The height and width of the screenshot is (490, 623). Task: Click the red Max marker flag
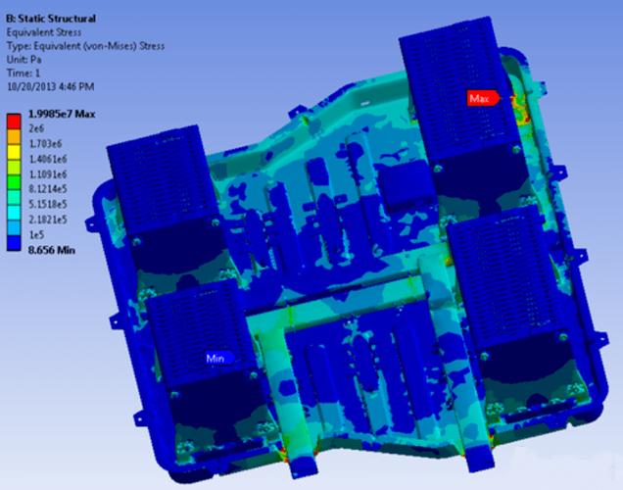pos(483,98)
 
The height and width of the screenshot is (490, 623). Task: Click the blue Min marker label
pos(218,359)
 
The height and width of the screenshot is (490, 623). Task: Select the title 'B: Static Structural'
pos(51,19)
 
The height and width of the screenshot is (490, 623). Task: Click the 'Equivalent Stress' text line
pos(44,32)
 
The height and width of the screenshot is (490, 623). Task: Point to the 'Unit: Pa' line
pos(24,60)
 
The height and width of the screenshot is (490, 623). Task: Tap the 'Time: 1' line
pos(24,73)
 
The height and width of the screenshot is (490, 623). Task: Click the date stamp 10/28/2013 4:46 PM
pos(51,86)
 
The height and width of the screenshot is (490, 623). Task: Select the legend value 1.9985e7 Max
pos(62,114)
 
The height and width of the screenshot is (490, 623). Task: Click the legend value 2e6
pos(36,128)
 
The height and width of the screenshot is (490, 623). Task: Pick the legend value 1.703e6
pos(46,143)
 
